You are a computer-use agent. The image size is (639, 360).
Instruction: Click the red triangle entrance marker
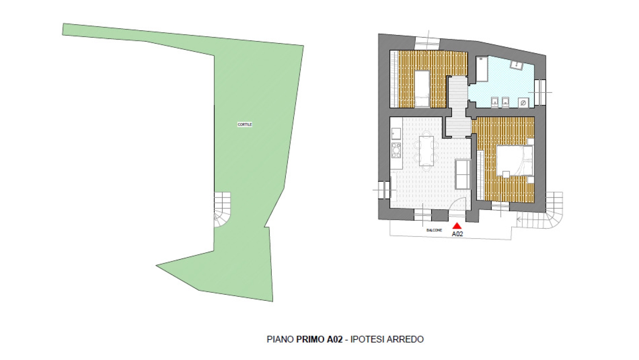click(x=457, y=226)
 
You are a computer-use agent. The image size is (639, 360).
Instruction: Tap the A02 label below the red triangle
click(x=457, y=234)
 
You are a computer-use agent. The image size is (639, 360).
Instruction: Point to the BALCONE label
click(x=434, y=230)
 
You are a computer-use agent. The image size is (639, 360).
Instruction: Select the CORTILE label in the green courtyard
click(x=245, y=124)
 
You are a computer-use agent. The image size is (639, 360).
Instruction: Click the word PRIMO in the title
click(x=311, y=339)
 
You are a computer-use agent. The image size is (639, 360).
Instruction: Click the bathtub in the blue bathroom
click(x=482, y=69)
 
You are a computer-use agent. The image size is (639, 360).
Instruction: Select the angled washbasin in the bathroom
click(x=517, y=65)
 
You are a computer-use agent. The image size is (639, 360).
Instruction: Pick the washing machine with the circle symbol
click(x=523, y=103)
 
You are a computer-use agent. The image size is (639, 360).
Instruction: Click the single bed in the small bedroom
click(x=422, y=89)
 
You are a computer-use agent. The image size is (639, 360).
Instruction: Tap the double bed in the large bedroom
click(x=515, y=160)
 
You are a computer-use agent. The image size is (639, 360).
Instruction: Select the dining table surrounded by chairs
click(x=426, y=151)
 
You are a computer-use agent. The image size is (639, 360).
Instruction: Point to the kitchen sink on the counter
click(x=396, y=133)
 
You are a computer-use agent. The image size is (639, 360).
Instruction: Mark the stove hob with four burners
click(x=396, y=150)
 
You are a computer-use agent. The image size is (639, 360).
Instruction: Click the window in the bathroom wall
click(x=540, y=92)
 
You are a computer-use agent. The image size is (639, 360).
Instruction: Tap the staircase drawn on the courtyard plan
click(x=222, y=210)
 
